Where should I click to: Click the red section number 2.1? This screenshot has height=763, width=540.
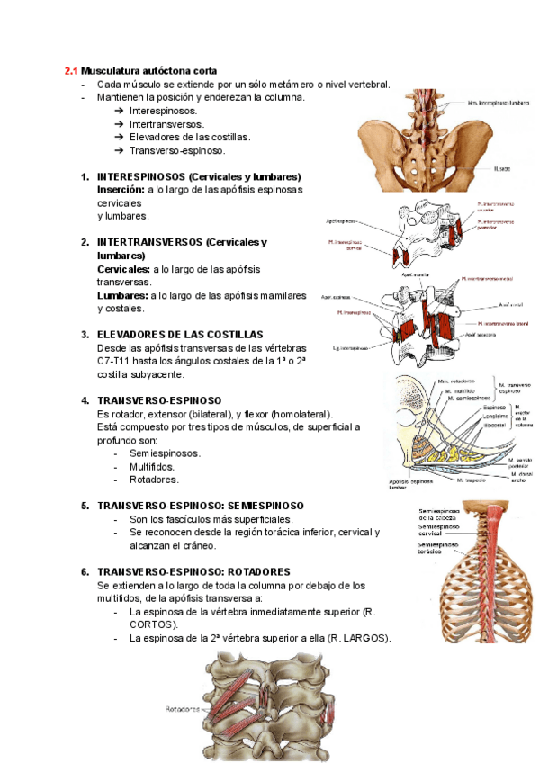(71, 71)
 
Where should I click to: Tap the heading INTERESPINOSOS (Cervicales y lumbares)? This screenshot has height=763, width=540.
(198, 177)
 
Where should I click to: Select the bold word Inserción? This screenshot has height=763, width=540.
(121, 190)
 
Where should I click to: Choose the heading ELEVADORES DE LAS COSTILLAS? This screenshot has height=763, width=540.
(180, 334)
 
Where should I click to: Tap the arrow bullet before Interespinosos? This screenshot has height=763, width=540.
(120, 111)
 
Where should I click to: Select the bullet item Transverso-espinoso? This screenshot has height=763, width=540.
(177, 151)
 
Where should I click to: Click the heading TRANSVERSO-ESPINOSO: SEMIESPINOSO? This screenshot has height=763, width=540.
(200, 507)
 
